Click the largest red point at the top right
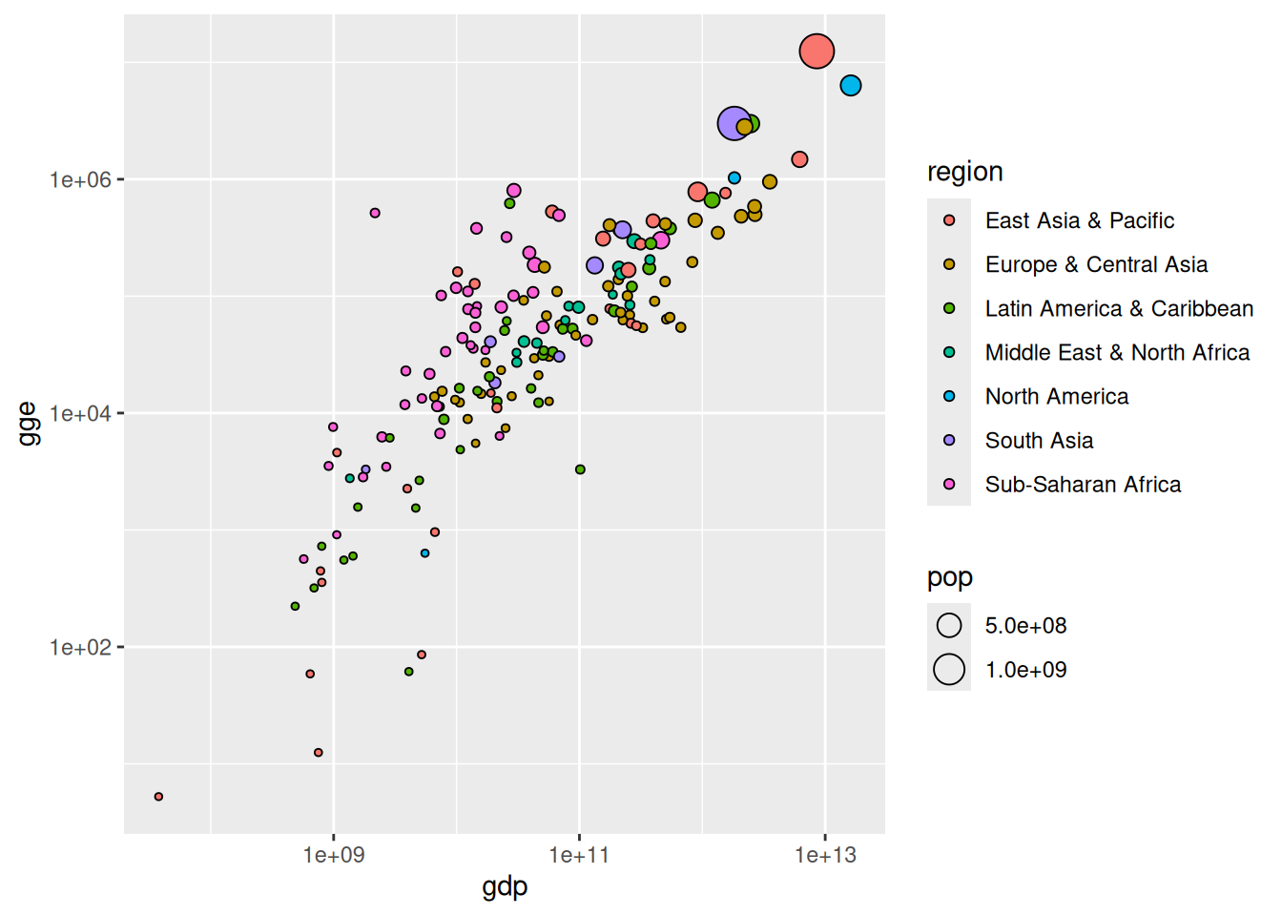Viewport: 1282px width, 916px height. [x=817, y=51]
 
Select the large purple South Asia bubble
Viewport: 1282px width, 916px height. [x=734, y=123]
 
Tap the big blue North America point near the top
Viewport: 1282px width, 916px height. [x=851, y=86]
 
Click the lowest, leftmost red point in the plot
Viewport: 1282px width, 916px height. [x=158, y=796]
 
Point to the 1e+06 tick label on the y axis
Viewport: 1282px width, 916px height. [x=80, y=179]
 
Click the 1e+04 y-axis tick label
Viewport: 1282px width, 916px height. [x=80, y=413]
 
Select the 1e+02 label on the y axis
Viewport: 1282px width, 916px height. [x=80, y=647]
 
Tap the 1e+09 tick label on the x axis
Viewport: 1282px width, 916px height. [x=334, y=855]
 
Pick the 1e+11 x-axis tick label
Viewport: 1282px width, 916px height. [x=579, y=855]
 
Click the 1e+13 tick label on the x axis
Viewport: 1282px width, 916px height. [x=825, y=855]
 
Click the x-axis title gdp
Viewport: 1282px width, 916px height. [x=505, y=886]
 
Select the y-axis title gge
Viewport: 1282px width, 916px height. [x=29, y=424]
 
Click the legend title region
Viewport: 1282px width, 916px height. [x=964, y=172]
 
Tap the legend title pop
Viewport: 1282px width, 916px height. [x=949, y=577]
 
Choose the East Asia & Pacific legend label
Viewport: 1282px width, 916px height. [x=1079, y=220]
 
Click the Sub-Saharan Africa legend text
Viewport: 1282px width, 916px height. [x=1083, y=485]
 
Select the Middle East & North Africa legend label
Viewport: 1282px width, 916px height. [x=1117, y=353]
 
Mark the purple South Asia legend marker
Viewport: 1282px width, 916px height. [x=949, y=440]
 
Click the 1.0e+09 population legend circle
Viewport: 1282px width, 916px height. [x=949, y=669]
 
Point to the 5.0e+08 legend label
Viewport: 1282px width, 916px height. [x=1025, y=626]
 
